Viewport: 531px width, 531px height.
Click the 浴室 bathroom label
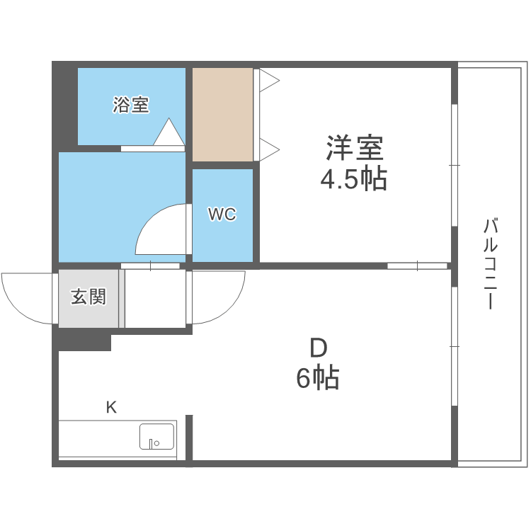(x=131, y=105)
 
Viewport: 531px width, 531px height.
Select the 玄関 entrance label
(x=88, y=297)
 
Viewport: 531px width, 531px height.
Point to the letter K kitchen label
(x=111, y=407)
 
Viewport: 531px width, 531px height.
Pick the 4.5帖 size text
(x=354, y=180)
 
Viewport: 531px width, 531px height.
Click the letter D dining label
(x=319, y=348)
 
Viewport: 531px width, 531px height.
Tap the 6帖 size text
(x=318, y=379)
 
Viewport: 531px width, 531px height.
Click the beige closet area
(x=222, y=114)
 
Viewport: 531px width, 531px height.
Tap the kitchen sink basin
(x=156, y=436)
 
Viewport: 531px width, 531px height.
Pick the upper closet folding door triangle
(x=268, y=80)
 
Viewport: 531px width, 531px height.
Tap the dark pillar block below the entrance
(x=84, y=341)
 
